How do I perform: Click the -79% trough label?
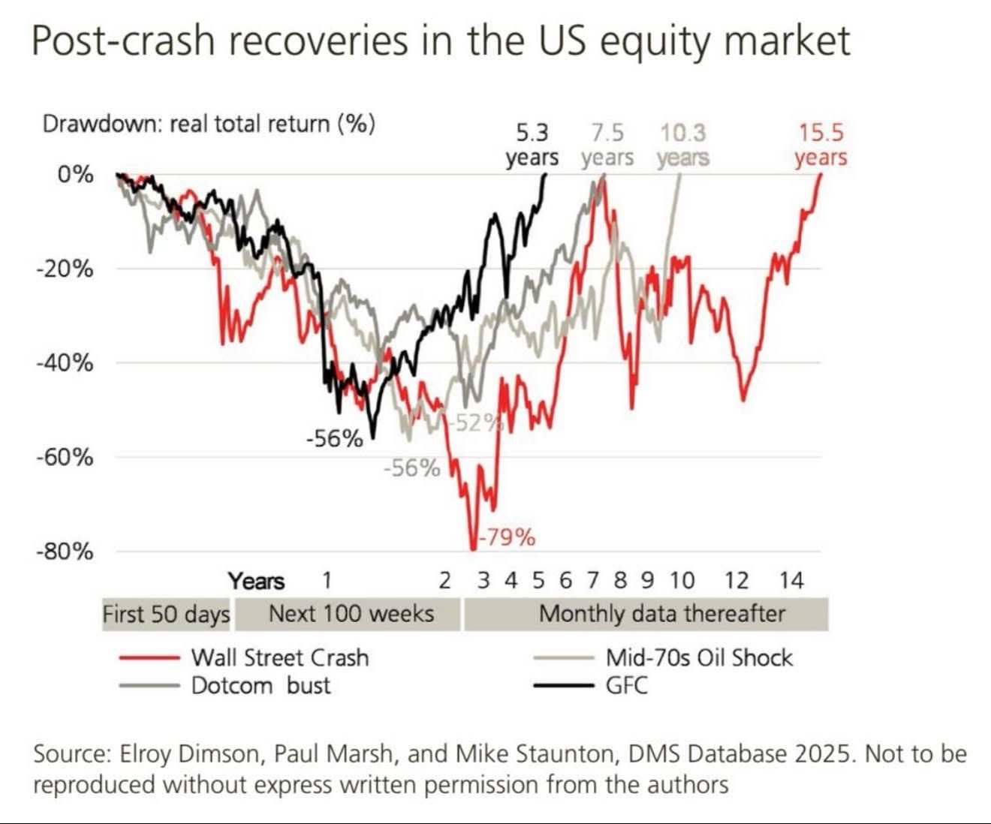coord(508,537)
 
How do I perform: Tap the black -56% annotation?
coord(334,438)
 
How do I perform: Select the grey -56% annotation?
coord(411,468)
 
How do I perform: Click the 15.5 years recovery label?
coord(821,145)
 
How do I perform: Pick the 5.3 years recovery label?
coord(532,145)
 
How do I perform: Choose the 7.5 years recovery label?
coord(607,145)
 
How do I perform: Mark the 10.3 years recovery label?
coord(682,145)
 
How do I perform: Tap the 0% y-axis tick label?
coord(75,175)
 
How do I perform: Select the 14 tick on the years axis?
coord(791,580)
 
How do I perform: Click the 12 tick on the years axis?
coord(736,580)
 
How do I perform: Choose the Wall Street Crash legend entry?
coord(279,657)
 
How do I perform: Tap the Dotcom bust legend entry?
coord(261,685)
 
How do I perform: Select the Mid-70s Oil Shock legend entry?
coord(698,657)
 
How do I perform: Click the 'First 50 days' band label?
coord(166,614)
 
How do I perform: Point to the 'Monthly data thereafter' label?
coord(661,614)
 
